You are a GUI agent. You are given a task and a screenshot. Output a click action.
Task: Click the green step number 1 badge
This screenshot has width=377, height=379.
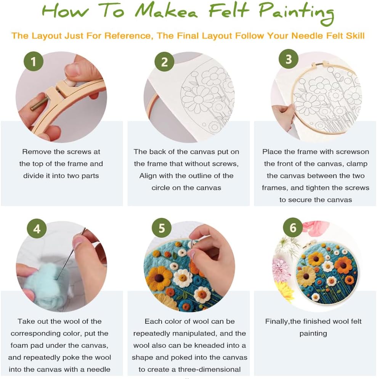click(34, 61)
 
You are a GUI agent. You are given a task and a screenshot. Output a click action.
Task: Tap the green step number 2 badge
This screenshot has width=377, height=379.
click(164, 62)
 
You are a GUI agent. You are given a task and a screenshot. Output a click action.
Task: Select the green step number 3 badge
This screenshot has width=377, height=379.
click(289, 59)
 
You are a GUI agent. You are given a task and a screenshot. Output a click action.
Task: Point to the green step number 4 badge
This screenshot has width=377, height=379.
click(37, 228)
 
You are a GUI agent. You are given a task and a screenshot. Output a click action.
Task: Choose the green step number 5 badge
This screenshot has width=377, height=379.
click(162, 228)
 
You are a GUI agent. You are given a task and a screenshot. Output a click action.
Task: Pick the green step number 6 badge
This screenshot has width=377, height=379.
click(293, 228)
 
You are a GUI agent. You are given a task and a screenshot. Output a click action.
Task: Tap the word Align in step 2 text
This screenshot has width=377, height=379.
click(148, 176)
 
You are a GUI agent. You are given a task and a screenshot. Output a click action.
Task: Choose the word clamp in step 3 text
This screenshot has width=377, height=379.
click(357, 164)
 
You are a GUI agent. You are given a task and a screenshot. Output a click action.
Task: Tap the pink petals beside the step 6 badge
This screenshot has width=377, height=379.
click(315, 227)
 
